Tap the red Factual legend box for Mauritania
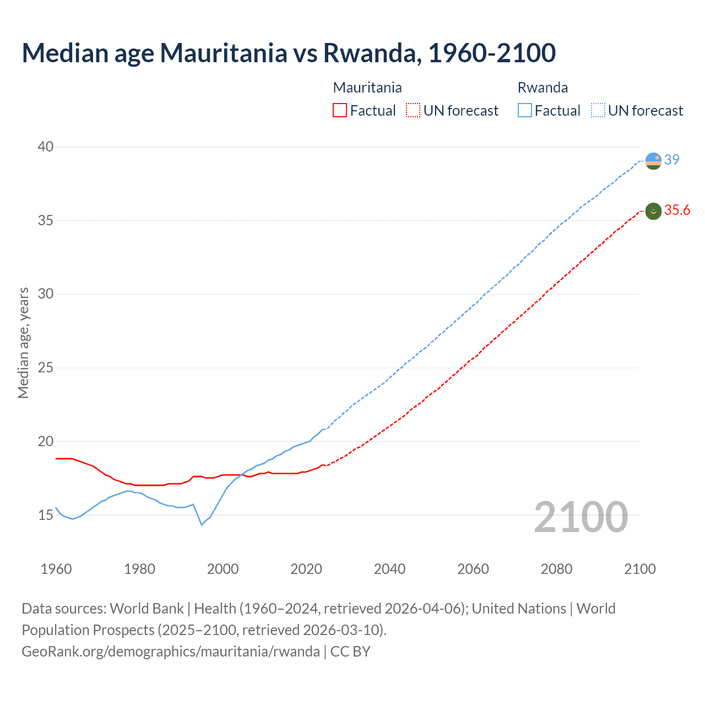click(x=340, y=110)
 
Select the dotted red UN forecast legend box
click(x=413, y=110)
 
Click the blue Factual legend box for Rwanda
click(x=525, y=110)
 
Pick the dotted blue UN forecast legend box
click(x=598, y=110)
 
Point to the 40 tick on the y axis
click(x=46, y=147)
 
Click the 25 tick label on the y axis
click(x=46, y=367)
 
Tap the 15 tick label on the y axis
click(x=46, y=515)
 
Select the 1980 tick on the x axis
click(x=139, y=569)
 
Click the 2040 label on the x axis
click(x=389, y=569)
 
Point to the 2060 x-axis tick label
click(x=473, y=569)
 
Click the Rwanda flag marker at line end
click(x=653, y=161)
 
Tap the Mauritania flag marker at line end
click(x=653, y=211)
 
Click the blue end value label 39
click(x=672, y=160)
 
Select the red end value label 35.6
click(x=677, y=210)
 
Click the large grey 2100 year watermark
click(x=581, y=517)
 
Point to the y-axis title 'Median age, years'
click(x=23, y=343)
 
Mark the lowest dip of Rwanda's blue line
click(x=202, y=524)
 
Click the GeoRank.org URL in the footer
click(x=171, y=651)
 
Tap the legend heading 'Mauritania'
click(x=367, y=88)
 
